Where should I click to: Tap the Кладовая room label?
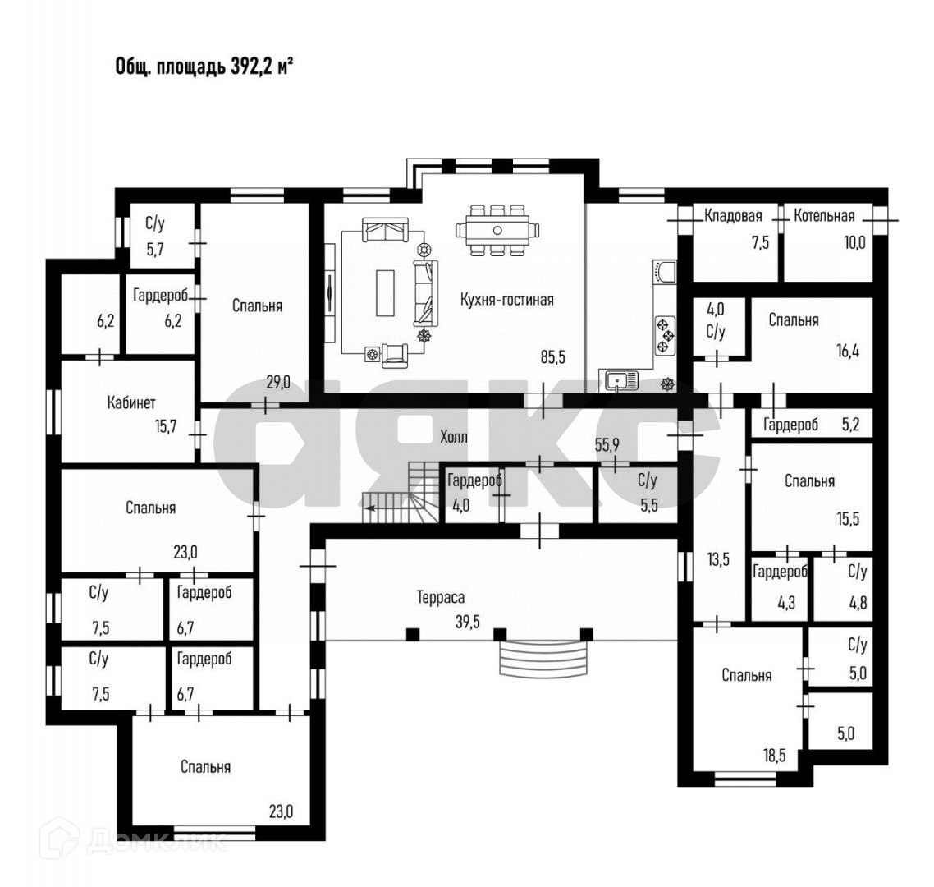click(733, 216)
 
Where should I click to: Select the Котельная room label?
click(823, 216)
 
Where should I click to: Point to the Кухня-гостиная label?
click(506, 300)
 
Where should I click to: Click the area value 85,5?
click(552, 357)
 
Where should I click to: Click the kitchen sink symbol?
click(621, 380)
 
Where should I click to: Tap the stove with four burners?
click(664, 335)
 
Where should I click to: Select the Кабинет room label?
click(131, 402)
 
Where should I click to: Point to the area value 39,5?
click(468, 622)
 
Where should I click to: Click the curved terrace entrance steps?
click(543, 656)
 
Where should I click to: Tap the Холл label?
click(454, 437)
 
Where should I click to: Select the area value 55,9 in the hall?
click(607, 444)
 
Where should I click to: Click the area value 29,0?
click(279, 382)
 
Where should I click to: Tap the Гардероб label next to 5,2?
click(790, 425)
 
